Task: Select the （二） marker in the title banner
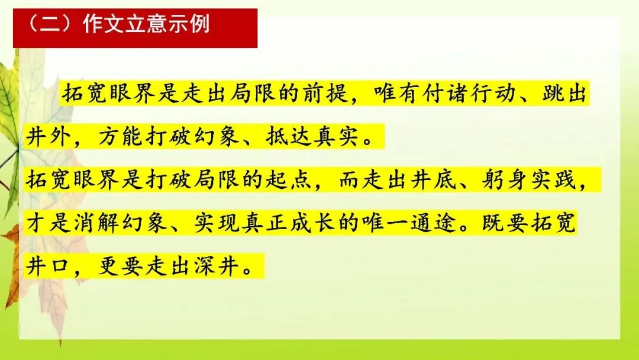51,24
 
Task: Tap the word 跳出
564,94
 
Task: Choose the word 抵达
289,136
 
